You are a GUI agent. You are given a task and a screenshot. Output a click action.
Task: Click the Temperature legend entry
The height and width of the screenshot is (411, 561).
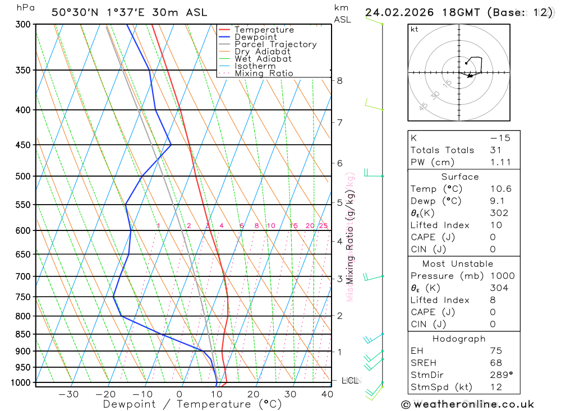(264, 30)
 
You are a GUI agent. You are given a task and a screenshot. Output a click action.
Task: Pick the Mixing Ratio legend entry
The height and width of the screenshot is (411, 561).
(264, 73)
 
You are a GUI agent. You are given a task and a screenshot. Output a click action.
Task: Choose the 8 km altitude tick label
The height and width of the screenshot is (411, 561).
(339, 81)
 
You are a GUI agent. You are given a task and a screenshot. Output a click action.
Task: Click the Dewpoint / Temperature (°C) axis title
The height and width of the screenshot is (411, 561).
(192, 404)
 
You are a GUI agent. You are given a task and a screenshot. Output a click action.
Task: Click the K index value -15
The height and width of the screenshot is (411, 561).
(500, 138)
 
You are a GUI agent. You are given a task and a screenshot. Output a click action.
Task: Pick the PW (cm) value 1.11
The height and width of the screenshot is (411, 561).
(500, 163)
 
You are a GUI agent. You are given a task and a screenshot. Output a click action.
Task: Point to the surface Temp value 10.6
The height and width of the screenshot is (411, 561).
(500, 189)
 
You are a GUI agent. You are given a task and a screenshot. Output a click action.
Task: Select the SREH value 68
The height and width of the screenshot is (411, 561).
(496, 363)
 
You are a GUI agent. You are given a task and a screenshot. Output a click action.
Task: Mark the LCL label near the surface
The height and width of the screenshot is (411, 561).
(350, 380)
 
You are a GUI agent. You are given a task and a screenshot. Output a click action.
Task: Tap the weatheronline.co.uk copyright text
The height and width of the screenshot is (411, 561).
(467, 404)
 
